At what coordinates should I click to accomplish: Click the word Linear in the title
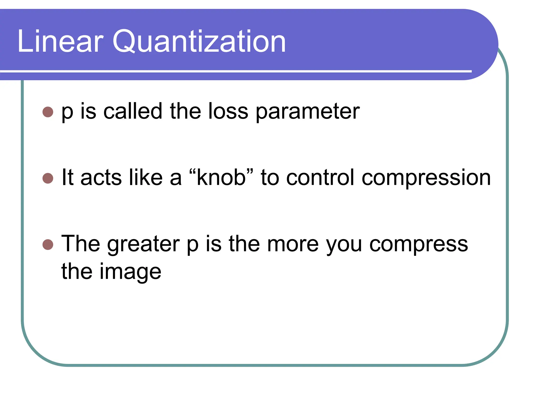60,41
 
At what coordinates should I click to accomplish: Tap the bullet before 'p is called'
48,112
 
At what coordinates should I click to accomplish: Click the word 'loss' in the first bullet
228,111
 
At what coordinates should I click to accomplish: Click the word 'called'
133,111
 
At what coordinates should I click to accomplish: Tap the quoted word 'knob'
221,178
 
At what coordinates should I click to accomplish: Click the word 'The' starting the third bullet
80,244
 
